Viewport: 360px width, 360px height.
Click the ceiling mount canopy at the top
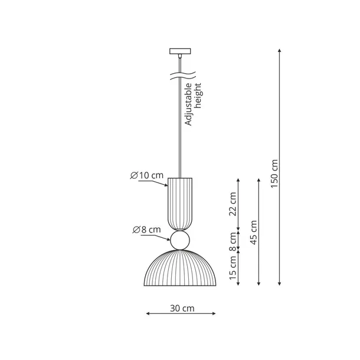click(179, 51)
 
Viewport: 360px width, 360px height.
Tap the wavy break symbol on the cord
click(179, 76)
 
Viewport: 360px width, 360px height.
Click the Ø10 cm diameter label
click(147, 175)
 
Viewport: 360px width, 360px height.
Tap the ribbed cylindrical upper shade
click(179, 204)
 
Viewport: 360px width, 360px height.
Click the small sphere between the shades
click(179, 239)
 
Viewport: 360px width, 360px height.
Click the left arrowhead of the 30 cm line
click(148, 315)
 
